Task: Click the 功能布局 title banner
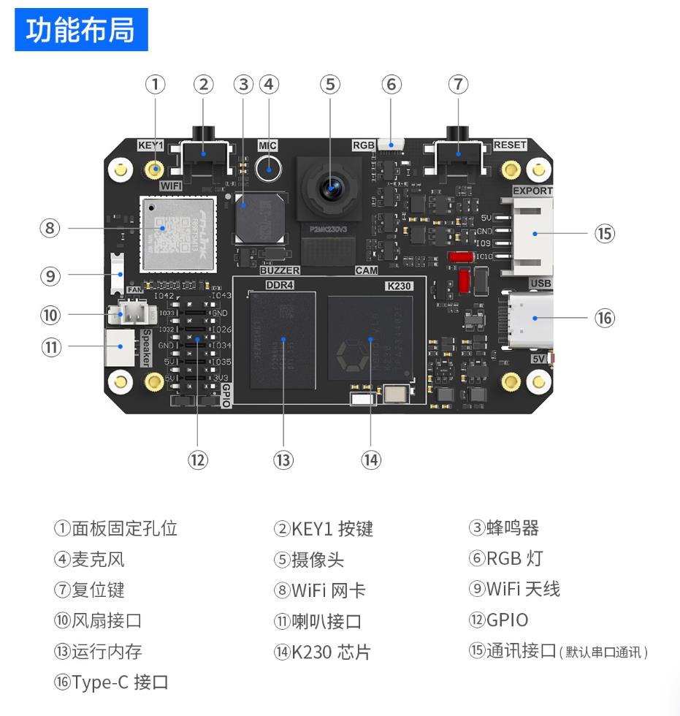pos(81,30)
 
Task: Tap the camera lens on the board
pos(331,187)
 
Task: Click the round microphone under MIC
pos(270,171)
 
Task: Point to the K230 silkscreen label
pos(398,286)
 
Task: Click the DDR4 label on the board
pos(278,285)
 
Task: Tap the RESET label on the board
pos(509,145)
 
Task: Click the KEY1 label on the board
pos(150,145)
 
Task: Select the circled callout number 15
pos(604,234)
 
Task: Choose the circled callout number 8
pos(50,228)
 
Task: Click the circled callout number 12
pos(197,460)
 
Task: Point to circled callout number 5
pos(330,85)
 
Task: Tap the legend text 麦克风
pos(98,560)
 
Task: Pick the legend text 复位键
pos(93,590)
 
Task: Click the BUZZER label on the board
pos(280,270)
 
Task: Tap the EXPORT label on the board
pos(532,191)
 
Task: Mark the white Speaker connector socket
pos(120,347)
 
